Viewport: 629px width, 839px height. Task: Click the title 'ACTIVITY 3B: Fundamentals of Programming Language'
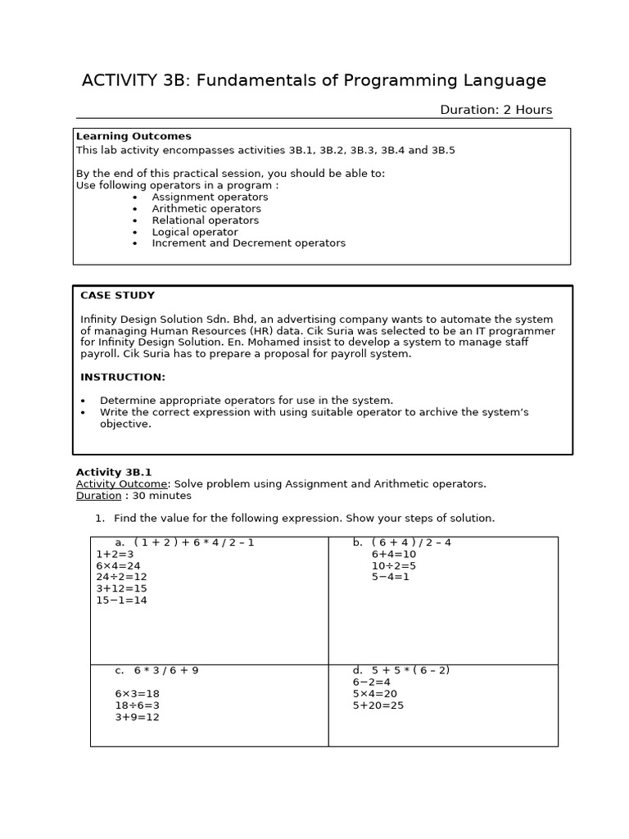pyautogui.click(x=314, y=80)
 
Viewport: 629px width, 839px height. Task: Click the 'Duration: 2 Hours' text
pyautogui.click(x=496, y=110)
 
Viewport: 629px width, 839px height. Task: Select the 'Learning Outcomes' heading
pyautogui.click(x=133, y=136)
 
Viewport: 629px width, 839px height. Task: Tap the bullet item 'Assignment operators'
pyautogui.click(x=210, y=197)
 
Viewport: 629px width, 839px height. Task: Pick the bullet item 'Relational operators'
pyautogui.click(x=205, y=220)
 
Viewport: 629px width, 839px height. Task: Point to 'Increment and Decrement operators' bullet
pyautogui.click(x=248, y=243)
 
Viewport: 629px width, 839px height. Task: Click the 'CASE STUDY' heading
pyautogui.click(x=117, y=295)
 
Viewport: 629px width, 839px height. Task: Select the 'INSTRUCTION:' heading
pyautogui.click(x=122, y=377)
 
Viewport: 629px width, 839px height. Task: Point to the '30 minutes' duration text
pyautogui.click(x=161, y=495)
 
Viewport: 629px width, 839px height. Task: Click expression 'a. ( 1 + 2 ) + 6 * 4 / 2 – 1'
pyautogui.click(x=184, y=542)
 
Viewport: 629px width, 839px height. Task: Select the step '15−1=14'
pyautogui.click(x=121, y=600)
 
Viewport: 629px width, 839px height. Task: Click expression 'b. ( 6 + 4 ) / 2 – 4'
pyautogui.click(x=402, y=542)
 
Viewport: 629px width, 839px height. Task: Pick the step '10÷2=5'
pyautogui.click(x=393, y=565)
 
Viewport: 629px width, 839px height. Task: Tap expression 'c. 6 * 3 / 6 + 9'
pyautogui.click(x=156, y=670)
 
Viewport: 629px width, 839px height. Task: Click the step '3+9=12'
pyautogui.click(x=137, y=717)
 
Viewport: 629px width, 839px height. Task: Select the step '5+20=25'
pyautogui.click(x=378, y=705)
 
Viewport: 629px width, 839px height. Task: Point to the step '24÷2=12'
pyautogui.click(x=121, y=577)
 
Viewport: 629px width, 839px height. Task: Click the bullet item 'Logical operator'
pyautogui.click(x=195, y=232)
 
